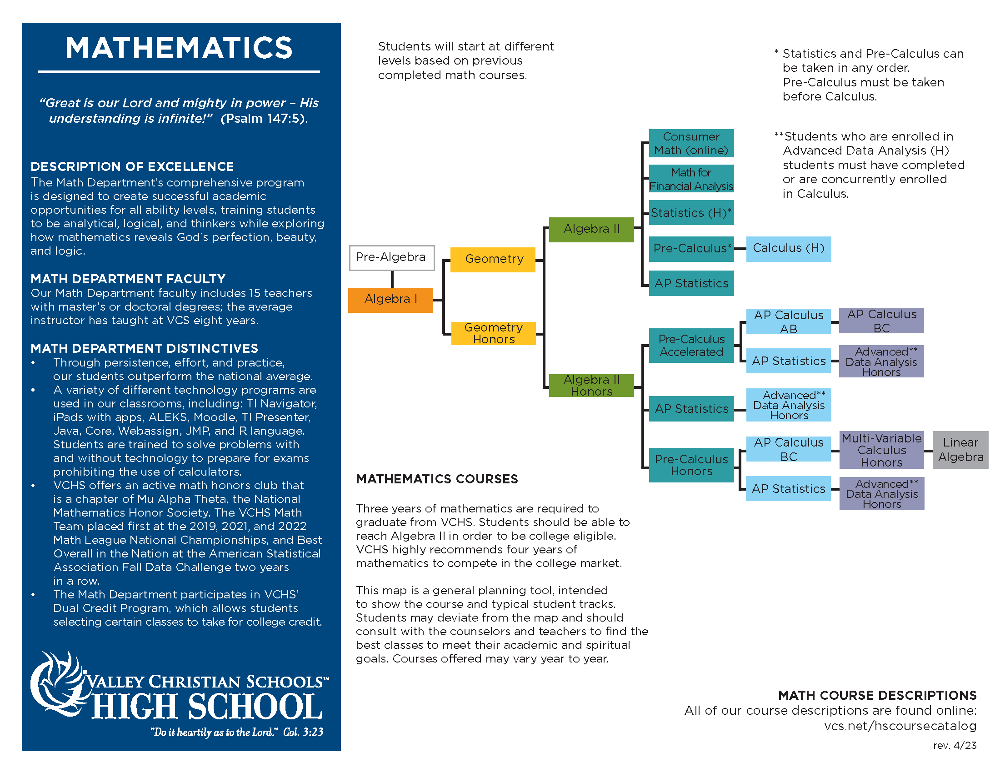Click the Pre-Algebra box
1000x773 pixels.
click(391, 258)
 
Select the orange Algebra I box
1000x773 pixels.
click(390, 300)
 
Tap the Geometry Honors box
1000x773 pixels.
click(493, 333)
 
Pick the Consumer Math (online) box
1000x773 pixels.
click(691, 143)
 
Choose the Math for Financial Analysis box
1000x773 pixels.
click(691, 179)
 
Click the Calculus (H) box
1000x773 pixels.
click(788, 249)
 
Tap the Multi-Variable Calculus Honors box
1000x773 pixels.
click(881, 450)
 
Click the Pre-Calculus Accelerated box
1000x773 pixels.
click(691, 346)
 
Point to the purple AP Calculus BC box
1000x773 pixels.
click(881, 321)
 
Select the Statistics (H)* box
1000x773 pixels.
click(691, 213)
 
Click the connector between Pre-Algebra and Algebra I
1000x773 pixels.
click(392, 279)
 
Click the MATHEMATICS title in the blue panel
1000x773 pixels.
click(179, 48)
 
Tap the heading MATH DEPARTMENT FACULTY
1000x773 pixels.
click(128, 279)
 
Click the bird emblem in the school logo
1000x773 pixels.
click(57, 683)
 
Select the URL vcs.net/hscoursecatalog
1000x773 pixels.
click(900, 726)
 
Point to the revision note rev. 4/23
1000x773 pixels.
click(954, 746)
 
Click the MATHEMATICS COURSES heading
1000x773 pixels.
click(437, 479)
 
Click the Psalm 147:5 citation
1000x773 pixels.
click(264, 119)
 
